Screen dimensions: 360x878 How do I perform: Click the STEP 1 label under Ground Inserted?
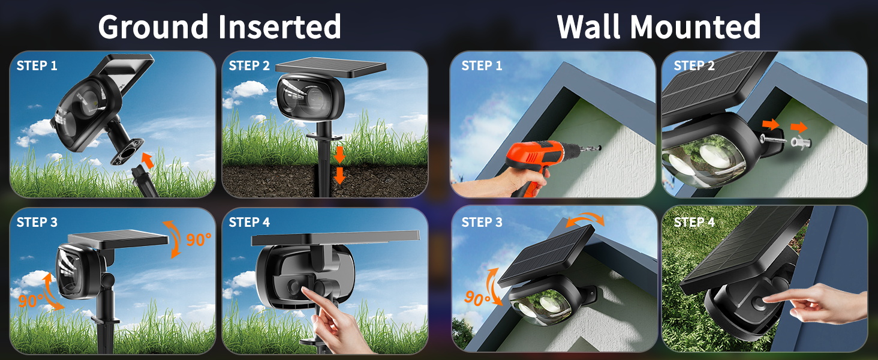click(x=37, y=65)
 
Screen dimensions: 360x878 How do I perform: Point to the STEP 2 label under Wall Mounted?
click(x=694, y=65)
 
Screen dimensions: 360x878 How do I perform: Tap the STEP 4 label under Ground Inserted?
click(x=249, y=222)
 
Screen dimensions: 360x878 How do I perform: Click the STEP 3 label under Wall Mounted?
click(x=482, y=222)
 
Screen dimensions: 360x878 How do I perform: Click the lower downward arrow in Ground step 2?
click(x=339, y=175)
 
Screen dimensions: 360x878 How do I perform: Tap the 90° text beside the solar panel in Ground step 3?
click(x=199, y=239)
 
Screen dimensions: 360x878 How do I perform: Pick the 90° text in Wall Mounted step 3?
click(x=477, y=298)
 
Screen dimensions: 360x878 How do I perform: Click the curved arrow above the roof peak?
click(x=585, y=220)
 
